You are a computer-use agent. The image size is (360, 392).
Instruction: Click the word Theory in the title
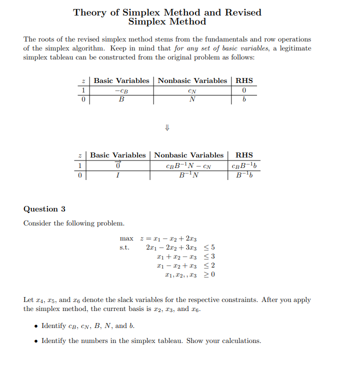(x=89, y=12)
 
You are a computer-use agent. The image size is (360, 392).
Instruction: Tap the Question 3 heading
(x=44, y=209)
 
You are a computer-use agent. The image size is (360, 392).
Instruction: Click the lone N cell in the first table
(x=192, y=99)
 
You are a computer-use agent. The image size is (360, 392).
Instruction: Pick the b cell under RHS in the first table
(x=244, y=99)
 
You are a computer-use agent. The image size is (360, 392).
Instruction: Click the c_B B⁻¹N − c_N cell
(x=188, y=165)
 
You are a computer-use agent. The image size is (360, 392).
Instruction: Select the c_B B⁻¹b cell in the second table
(x=244, y=165)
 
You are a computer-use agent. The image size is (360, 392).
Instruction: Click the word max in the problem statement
(x=126, y=238)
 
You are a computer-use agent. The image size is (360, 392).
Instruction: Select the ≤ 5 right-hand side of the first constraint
(x=210, y=247)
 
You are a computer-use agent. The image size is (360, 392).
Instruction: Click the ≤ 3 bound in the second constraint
(x=210, y=256)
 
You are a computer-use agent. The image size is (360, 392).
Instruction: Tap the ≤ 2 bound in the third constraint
(x=210, y=265)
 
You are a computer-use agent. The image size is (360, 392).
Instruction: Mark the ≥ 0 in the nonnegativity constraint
(x=210, y=275)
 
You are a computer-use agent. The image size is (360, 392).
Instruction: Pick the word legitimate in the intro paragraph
(x=293, y=48)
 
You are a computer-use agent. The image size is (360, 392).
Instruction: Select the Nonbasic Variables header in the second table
(x=188, y=155)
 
